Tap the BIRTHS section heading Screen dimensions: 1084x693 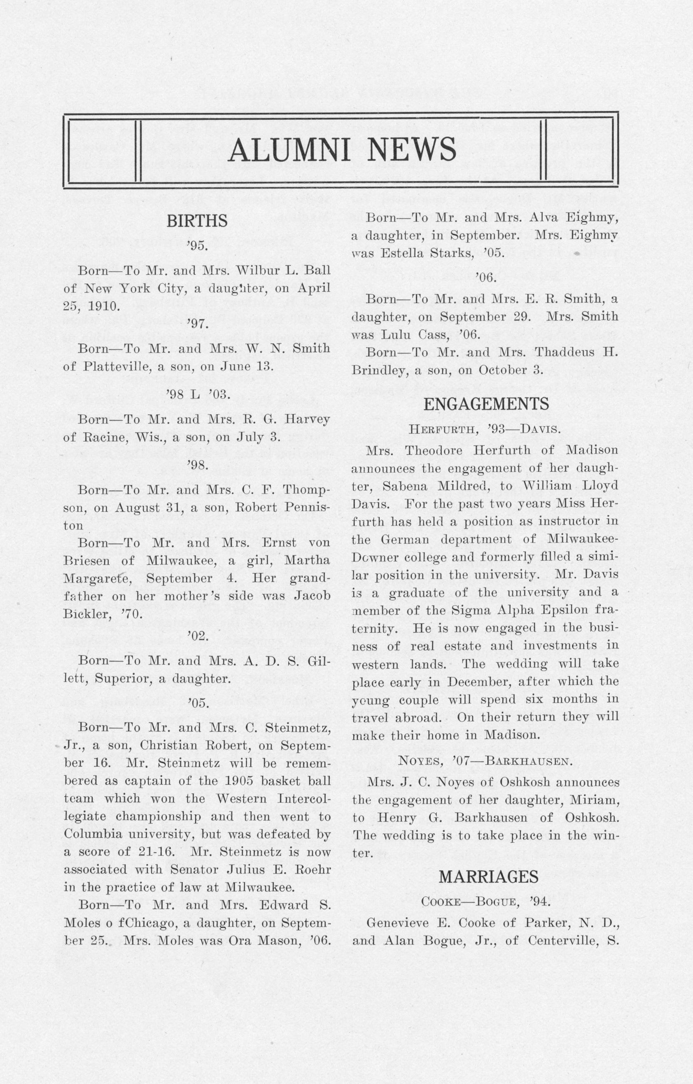point(197,221)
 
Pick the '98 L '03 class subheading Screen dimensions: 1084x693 point(198,395)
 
